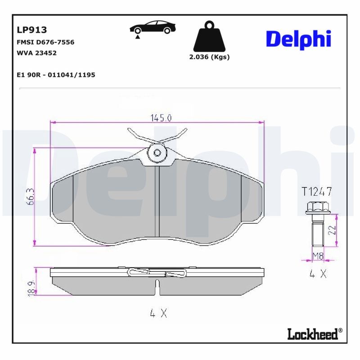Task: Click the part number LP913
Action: (32, 30)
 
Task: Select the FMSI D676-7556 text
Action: (45, 42)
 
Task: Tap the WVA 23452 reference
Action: (36, 53)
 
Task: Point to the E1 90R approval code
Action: (56, 75)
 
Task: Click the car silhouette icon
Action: (153, 27)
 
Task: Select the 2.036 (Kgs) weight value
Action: (209, 57)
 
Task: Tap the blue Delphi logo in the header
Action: (298, 40)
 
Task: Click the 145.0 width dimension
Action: (161, 118)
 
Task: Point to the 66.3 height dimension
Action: (31, 197)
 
